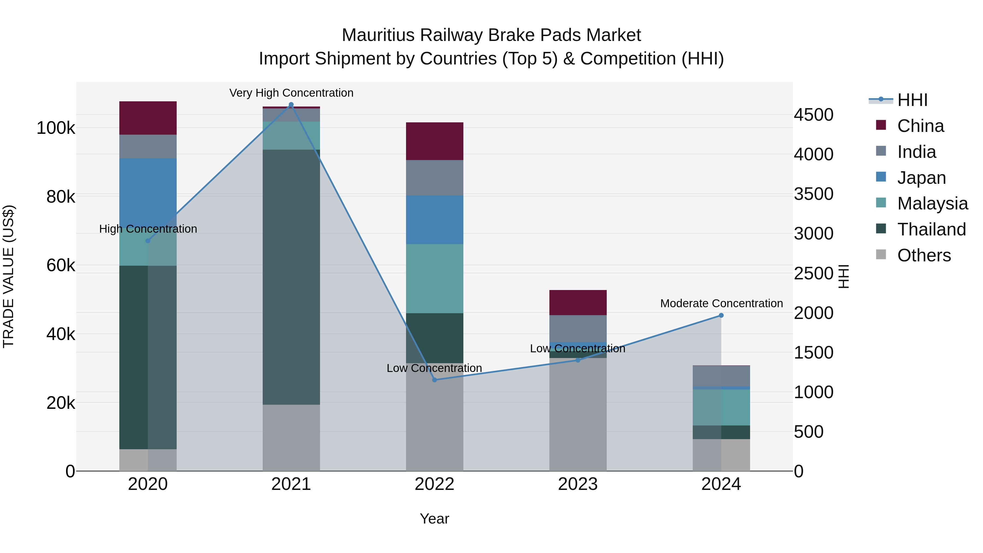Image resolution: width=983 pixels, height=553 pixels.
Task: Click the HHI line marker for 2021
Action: (291, 105)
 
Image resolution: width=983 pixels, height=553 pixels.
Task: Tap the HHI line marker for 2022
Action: (434, 380)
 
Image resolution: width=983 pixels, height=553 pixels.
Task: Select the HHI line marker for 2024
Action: (721, 315)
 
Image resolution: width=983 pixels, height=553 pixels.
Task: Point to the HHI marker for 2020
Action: (148, 241)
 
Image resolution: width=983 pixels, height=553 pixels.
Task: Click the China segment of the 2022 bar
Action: (434, 141)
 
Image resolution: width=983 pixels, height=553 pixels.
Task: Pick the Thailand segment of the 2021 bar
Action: (291, 277)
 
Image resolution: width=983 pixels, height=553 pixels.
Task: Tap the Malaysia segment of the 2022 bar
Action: (434, 279)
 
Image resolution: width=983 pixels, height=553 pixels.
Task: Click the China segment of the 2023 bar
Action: (578, 302)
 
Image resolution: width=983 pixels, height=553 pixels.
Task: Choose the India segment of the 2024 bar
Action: (721, 376)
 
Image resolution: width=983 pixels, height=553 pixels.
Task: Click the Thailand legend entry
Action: (931, 229)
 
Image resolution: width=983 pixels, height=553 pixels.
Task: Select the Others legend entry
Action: (923, 255)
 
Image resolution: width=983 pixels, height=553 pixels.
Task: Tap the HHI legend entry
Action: (912, 100)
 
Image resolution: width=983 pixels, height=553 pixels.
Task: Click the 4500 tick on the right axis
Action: (814, 115)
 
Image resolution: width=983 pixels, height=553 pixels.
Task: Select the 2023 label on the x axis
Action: (578, 484)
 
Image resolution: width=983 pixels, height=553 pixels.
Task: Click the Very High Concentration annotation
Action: (291, 93)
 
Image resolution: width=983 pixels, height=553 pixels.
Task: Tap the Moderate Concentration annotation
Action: (721, 303)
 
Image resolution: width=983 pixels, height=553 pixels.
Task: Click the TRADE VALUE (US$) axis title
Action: (8, 276)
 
